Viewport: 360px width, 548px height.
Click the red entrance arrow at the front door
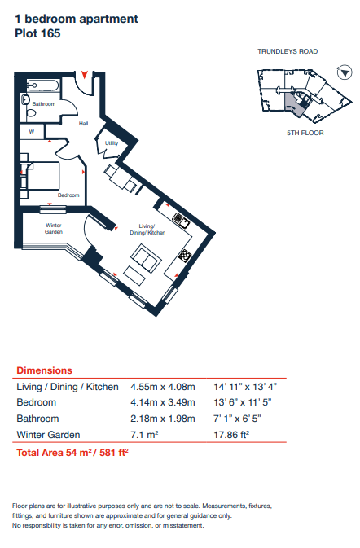84,74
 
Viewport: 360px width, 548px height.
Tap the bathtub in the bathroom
43,85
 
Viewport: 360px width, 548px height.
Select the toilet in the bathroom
32,113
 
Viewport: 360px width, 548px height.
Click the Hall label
83,124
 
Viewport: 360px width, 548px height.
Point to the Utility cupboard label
112,143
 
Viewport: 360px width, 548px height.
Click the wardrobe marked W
32,132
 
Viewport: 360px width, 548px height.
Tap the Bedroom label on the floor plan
68,195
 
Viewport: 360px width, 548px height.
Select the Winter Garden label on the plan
54,229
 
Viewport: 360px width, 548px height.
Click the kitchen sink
181,221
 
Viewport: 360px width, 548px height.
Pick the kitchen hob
185,256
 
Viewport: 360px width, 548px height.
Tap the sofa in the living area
146,258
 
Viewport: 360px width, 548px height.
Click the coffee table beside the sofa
134,276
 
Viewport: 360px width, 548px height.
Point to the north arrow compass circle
345,72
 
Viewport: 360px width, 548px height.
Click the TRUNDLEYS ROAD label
288,51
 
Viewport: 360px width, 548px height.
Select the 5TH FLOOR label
305,133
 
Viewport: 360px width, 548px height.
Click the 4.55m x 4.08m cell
163,387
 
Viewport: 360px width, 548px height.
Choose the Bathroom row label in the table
37,419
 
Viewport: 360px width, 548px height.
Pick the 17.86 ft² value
231,435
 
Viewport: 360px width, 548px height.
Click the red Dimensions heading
44,370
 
